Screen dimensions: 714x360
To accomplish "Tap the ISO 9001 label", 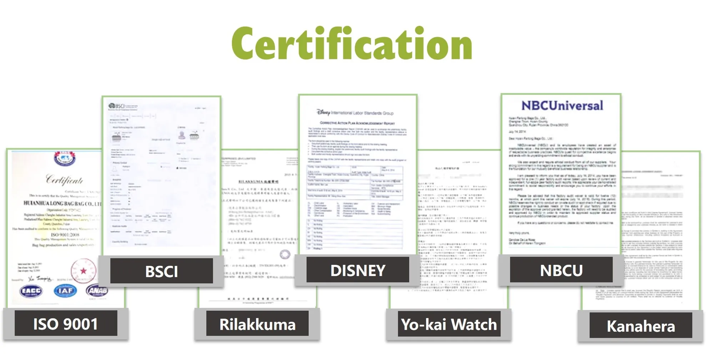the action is click(x=66, y=324).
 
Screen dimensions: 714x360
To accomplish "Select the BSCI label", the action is click(x=161, y=271).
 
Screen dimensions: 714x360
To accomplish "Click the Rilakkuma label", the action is click(x=257, y=324).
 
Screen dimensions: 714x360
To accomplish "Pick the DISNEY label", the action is click(x=358, y=270).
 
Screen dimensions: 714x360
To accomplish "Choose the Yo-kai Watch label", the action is click(x=449, y=324).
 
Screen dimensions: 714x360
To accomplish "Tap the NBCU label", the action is click(x=561, y=270).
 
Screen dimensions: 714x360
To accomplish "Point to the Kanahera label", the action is click(x=641, y=326).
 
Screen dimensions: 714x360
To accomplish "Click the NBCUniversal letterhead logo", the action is click(x=562, y=106).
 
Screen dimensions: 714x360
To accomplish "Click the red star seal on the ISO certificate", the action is click(x=84, y=270).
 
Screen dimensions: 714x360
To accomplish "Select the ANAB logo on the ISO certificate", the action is click(x=97, y=291).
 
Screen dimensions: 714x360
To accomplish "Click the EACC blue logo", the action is click(x=31, y=291).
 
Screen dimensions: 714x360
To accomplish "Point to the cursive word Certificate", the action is click(x=64, y=179).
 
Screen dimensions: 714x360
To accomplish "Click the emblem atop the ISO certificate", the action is click(x=65, y=158).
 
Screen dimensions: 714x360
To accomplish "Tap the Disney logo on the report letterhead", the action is click(x=323, y=112).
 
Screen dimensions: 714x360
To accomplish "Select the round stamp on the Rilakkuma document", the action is click(x=285, y=254).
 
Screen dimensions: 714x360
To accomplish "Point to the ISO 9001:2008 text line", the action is click(x=65, y=234).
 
